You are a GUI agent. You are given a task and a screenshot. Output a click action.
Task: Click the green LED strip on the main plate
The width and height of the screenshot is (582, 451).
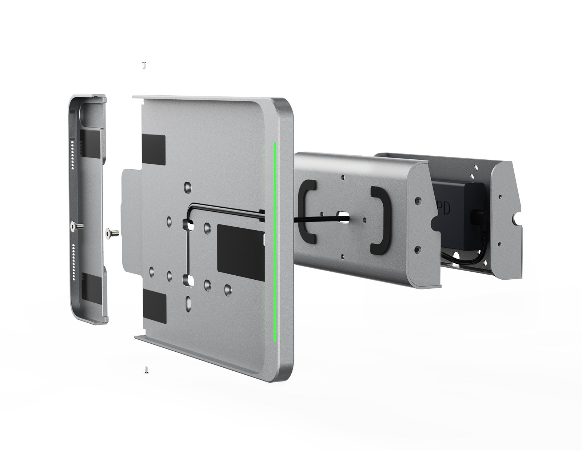275,240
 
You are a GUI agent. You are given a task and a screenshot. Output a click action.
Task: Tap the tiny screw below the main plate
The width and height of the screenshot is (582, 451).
146,370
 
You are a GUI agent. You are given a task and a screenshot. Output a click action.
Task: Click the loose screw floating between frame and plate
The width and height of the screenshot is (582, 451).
111,232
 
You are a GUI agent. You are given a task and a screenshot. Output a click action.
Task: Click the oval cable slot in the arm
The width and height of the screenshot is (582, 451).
343,216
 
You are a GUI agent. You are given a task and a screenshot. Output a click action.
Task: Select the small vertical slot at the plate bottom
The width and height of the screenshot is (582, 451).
188,303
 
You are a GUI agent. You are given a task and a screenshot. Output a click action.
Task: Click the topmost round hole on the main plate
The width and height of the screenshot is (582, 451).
187,187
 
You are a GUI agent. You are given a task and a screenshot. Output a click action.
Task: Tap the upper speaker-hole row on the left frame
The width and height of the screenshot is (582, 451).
73,152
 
